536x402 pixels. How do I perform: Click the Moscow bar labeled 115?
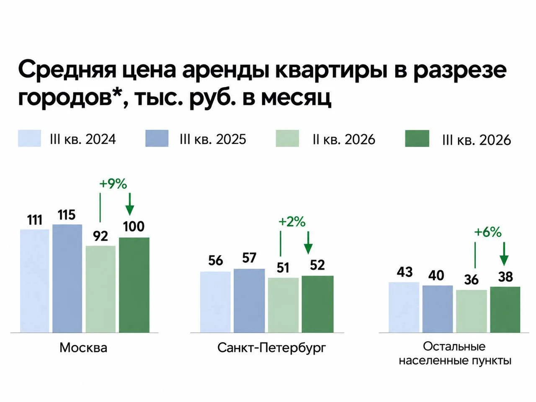67,278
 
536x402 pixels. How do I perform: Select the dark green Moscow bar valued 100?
134,285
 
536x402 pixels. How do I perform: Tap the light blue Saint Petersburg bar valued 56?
215,302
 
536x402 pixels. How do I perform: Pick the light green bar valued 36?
471,311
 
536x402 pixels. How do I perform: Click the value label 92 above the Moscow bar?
100,236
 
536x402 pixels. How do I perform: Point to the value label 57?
249,258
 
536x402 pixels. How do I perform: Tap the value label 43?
405,272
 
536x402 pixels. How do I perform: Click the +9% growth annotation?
113,184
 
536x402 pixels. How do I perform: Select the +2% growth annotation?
292,222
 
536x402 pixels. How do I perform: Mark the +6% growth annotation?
488,232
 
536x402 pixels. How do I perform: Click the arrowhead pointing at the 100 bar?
130,210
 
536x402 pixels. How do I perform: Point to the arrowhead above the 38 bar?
504,261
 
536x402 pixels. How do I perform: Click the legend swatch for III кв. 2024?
29,138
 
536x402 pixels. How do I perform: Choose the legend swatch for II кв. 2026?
287,138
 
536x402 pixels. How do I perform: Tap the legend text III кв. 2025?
213,139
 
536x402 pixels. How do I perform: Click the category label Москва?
83,348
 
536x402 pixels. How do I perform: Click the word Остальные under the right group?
454,347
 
